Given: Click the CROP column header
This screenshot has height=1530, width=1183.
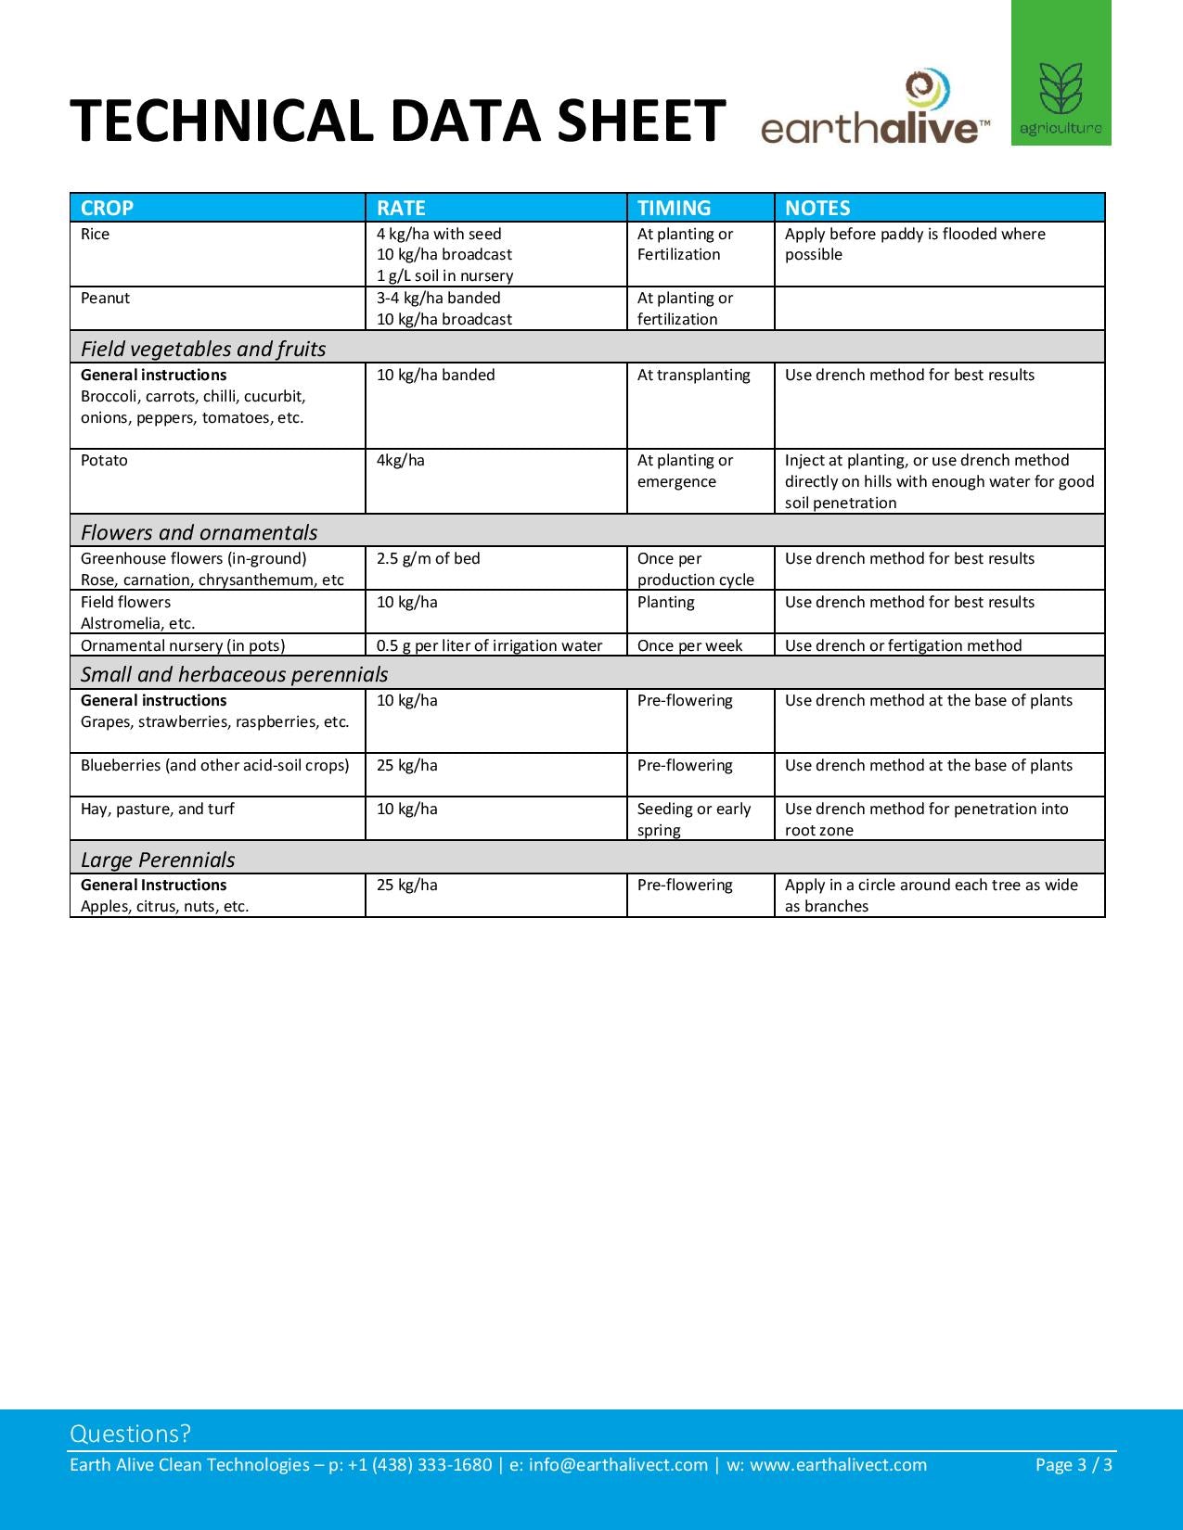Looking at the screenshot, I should (x=107, y=208).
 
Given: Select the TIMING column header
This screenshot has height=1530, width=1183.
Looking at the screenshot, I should (x=674, y=208).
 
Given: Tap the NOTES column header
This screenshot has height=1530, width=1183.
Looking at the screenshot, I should (x=817, y=208).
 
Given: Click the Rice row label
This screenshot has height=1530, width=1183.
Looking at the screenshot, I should (x=95, y=234).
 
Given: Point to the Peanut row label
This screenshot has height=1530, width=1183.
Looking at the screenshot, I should (x=105, y=298).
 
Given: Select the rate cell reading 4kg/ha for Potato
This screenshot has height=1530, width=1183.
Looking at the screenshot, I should (x=401, y=460).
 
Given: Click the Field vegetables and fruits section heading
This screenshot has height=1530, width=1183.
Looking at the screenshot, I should (x=203, y=349).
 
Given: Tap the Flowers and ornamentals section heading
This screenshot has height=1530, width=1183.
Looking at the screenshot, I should (x=199, y=532).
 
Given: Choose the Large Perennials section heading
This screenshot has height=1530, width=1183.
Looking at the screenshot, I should (x=158, y=860).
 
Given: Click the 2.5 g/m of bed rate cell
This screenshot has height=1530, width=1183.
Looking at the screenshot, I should (x=428, y=558).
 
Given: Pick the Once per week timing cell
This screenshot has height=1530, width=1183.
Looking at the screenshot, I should (x=689, y=645).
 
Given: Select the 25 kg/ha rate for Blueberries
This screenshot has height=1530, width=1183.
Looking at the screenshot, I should (x=406, y=765).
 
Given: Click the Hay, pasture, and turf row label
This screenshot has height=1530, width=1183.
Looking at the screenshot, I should (x=157, y=809).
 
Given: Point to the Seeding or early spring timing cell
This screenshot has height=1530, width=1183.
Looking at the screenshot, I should (x=693, y=819).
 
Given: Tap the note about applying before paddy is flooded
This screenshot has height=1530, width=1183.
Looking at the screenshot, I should (x=914, y=244).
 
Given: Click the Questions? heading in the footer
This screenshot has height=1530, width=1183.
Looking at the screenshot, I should (x=130, y=1434).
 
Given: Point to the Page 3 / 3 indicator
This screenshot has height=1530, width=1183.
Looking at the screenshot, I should (x=1074, y=1464).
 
